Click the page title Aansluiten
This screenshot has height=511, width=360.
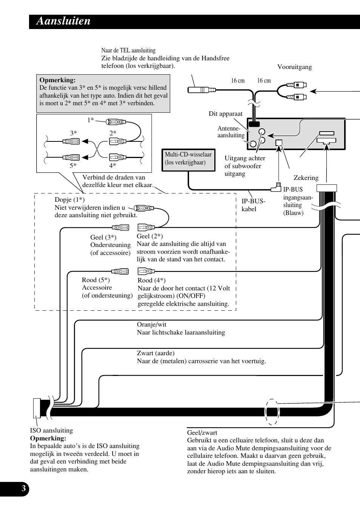63,21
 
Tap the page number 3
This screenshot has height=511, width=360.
23,489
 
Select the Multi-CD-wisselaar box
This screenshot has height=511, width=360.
188,159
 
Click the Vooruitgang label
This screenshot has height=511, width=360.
294,67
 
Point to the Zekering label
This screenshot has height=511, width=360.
306,178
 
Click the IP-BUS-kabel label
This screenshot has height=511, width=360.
253,205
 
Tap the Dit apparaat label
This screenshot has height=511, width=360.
225,114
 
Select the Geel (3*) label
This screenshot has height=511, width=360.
103,238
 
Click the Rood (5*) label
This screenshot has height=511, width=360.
95,280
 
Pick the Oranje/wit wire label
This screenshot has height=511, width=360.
151,325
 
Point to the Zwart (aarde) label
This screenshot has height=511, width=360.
155,353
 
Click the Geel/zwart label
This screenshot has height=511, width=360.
202,433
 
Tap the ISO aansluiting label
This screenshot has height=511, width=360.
51,431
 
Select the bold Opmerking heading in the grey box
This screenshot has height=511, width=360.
57,80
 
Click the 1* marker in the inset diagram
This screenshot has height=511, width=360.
91,120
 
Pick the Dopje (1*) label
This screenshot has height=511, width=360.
69,200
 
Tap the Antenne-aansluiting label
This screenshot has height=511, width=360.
231,132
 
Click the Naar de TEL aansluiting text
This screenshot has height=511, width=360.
128,51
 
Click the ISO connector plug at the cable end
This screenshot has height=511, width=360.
37,408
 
